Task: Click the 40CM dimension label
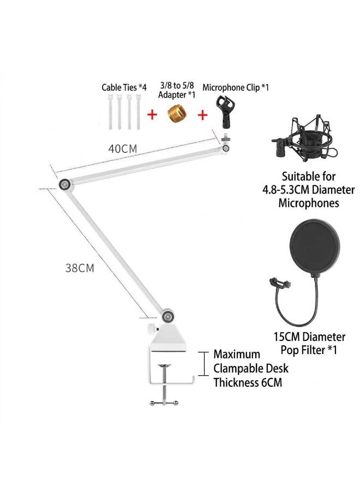tap(123, 148)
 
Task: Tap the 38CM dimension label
tap(80, 268)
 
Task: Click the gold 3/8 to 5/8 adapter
tap(175, 114)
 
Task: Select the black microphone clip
tap(225, 112)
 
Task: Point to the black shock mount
tap(304, 139)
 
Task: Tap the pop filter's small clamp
tap(280, 283)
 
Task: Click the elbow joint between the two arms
tap(65, 184)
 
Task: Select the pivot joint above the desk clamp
tap(168, 316)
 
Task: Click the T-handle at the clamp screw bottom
tap(164, 403)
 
